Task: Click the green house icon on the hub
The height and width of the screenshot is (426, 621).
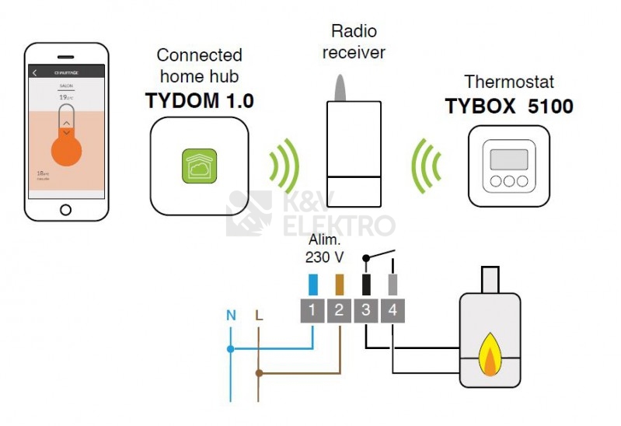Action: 198,166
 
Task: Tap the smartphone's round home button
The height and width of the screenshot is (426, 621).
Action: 65,209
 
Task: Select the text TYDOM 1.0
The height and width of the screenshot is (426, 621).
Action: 200,101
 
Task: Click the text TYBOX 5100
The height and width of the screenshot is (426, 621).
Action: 509,106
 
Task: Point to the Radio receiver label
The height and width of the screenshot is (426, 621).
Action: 354,42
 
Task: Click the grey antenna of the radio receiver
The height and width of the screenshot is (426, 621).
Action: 340,88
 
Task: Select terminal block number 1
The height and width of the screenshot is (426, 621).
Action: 312,311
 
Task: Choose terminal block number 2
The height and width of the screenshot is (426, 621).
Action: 339,311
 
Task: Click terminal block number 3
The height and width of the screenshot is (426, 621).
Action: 366,311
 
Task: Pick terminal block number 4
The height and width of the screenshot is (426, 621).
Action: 392,311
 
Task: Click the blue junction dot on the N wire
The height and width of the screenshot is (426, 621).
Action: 231,349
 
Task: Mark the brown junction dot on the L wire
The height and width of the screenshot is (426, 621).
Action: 258,373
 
